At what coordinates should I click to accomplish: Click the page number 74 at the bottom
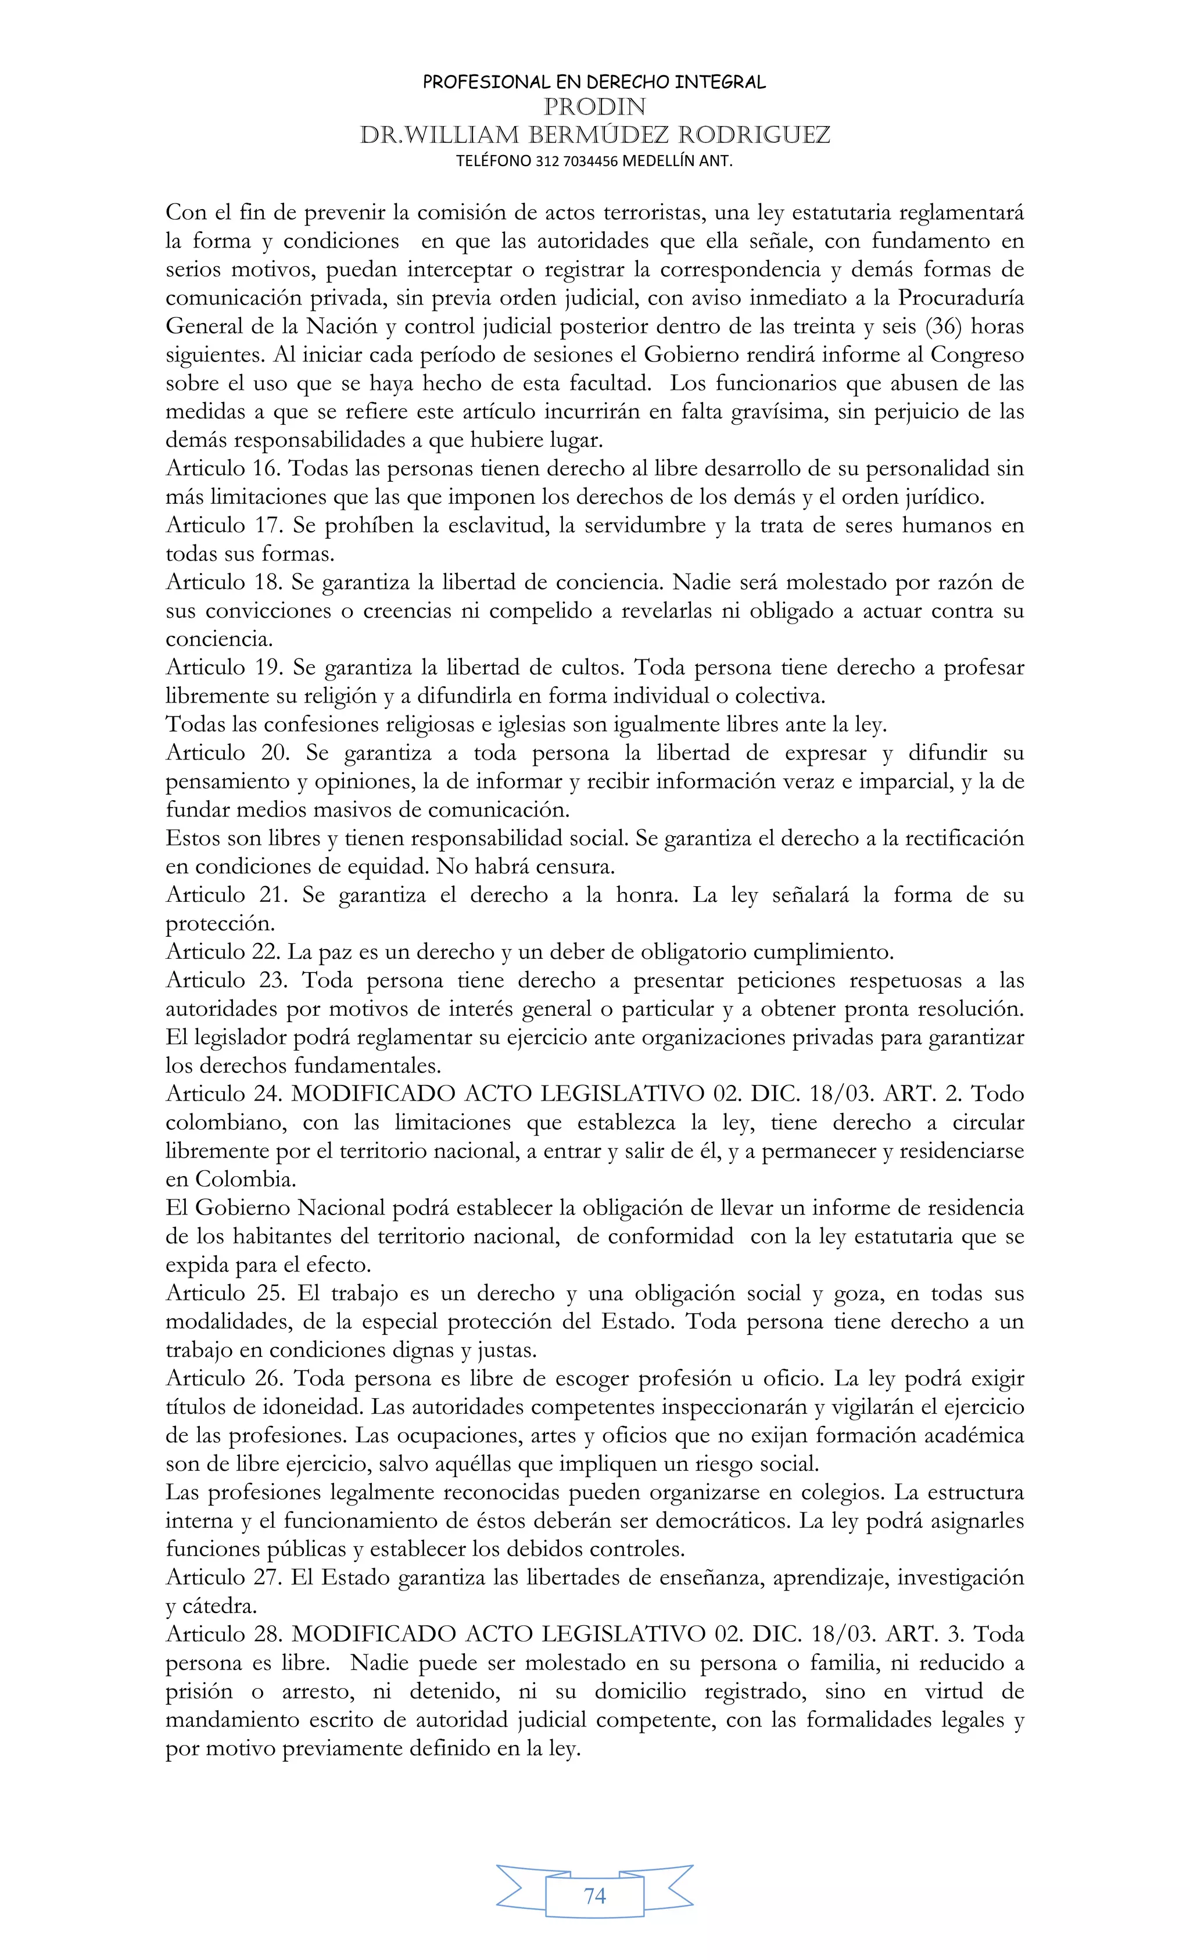point(594,1895)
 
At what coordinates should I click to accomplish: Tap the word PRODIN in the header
point(594,106)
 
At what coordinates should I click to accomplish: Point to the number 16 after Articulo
point(267,468)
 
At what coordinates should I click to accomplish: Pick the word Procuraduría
point(961,298)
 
